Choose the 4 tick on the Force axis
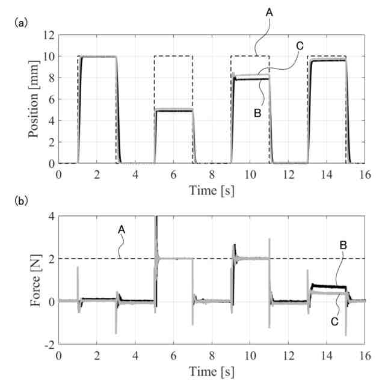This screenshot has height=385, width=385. (x=51, y=216)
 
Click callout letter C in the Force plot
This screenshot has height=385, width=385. (x=335, y=321)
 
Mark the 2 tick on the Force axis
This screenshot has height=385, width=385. (x=51, y=259)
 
